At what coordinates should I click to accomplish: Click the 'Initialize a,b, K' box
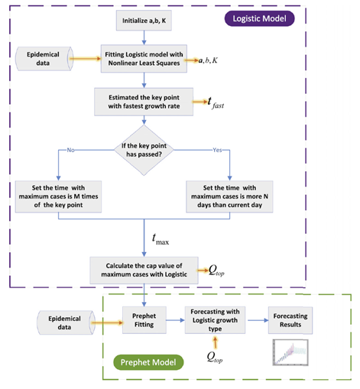click(x=144, y=21)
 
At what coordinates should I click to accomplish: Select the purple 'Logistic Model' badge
click(x=259, y=18)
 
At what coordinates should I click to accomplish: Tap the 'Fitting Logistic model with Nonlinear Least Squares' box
click(x=144, y=59)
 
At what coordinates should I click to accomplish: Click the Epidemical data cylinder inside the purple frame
click(x=45, y=59)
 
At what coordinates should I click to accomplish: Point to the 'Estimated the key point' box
click(x=144, y=102)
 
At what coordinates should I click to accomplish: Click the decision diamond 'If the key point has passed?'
click(x=144, y=150)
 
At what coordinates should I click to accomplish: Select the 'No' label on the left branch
click(x=70, y=150)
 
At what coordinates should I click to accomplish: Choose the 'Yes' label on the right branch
click(x=217, y=150)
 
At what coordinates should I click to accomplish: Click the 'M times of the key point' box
click(x=58, y=196)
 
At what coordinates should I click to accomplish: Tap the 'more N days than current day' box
click(x=229, y=196)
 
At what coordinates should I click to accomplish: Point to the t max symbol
click(x=161, y=239)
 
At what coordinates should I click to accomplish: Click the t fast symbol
click(x=216, y=102)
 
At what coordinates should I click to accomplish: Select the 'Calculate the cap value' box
click(x=144, y=271)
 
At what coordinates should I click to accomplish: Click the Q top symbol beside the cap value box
click(x=216, y=271)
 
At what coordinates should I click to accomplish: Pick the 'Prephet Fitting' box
click(x=144, y=320)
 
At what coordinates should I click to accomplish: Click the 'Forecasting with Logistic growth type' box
click(x=215, y=320)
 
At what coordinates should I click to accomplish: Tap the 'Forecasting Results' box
click(x=290, y=320)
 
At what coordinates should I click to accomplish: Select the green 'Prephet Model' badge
click(x=148, y=362)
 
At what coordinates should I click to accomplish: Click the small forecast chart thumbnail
click(x=290, y=352)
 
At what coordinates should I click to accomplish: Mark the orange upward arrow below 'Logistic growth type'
click(x=216, y=342)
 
